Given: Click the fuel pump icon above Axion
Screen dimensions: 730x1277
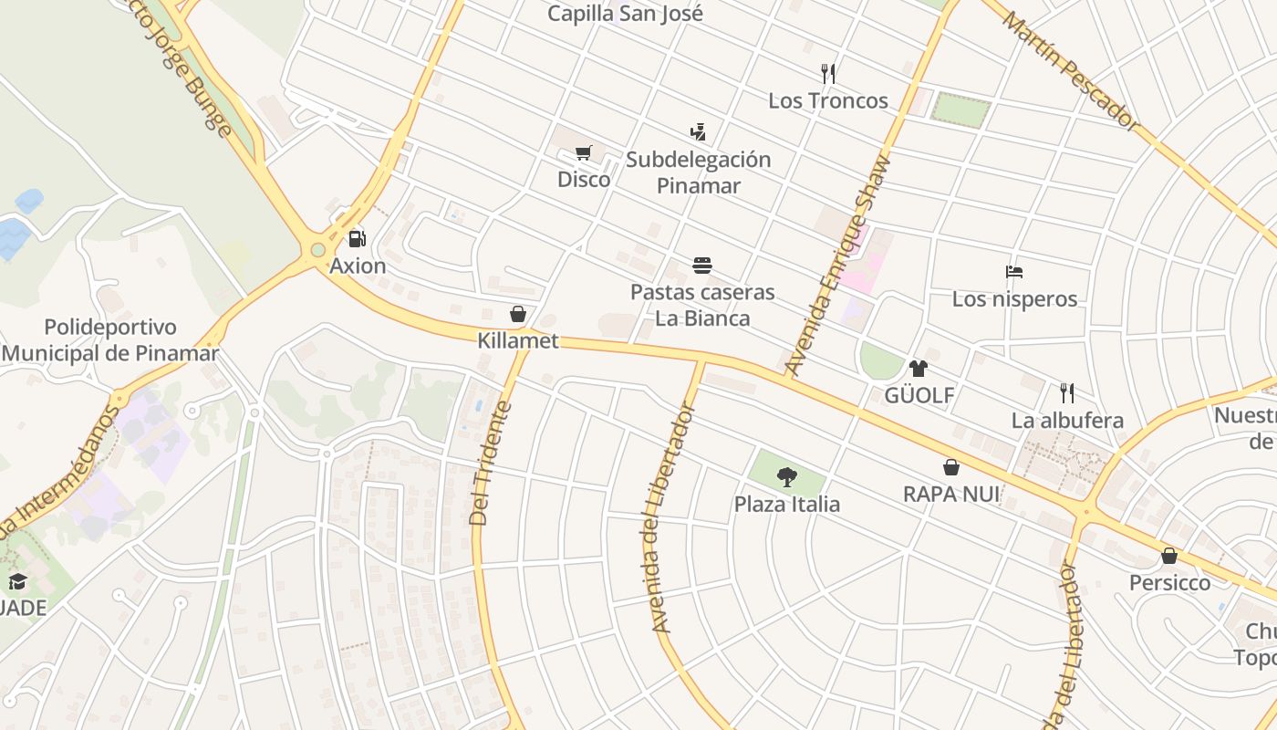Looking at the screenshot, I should [x=357, y=239].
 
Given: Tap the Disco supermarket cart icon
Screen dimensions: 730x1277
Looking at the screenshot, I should [x=584, y=152].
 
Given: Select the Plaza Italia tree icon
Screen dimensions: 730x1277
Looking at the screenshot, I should [x=786, y=476].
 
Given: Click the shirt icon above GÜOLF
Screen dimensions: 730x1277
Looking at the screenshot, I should [x=919, y=369].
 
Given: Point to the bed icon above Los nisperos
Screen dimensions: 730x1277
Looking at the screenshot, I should [x=1014, y=272].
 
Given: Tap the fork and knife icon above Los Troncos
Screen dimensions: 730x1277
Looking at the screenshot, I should [x=828, y=73].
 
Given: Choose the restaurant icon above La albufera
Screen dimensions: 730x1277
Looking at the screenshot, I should [x=1067, y=393].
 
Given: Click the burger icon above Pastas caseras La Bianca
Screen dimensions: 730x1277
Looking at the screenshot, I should [x=702, y=266].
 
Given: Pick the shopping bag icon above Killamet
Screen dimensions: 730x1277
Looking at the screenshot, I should [x=518, y=314].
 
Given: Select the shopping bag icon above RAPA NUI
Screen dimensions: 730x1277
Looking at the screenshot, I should [x=951, y=467].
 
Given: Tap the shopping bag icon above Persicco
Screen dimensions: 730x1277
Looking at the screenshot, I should [x=1169, y=556].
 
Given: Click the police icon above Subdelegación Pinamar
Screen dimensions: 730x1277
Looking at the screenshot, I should [x=698, y=132].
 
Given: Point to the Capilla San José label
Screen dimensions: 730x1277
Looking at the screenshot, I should [x=625, y=14].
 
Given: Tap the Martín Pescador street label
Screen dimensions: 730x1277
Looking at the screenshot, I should [x=1071, y=68].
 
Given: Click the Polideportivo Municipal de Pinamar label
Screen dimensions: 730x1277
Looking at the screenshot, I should [x=109, y=340].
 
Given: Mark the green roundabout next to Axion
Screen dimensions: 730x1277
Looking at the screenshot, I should [x=317, y=250].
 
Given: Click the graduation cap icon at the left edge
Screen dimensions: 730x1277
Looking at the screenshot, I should [x=17, y=582].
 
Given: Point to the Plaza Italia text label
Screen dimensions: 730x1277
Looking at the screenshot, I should [x=787, y=504].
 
